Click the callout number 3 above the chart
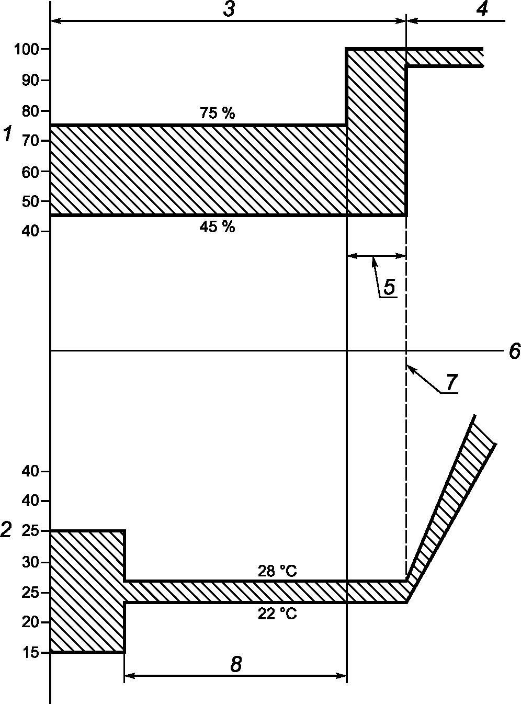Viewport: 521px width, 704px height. point(229,8)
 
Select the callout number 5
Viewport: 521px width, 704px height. point(389,287)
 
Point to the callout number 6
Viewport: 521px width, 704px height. point(515,351)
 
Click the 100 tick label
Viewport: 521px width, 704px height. point(27,49)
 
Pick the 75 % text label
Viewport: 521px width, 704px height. point(218,112)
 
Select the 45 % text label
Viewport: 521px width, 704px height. point(218,227)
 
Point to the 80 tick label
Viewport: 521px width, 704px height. point(30,111)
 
